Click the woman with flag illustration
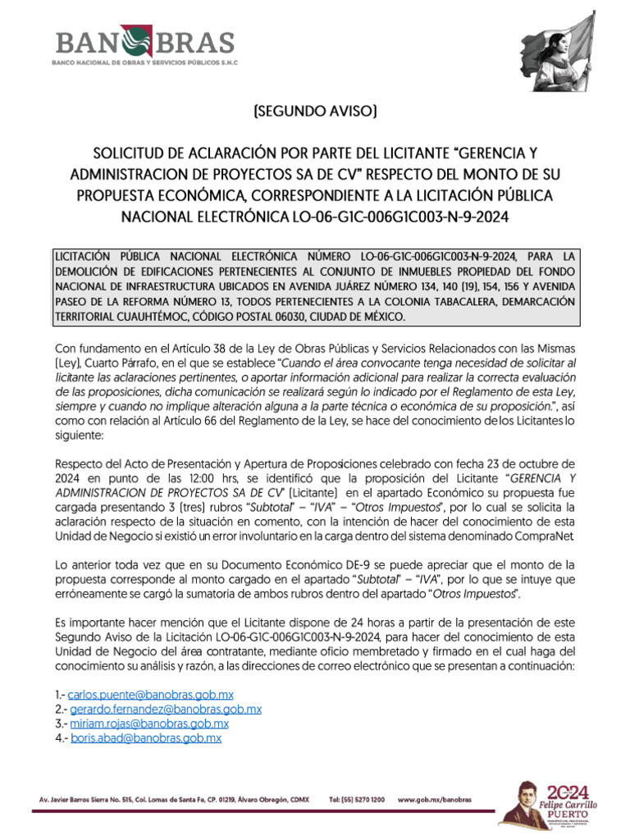pyautogui.click(x=554, y=53)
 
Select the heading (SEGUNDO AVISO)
pyautogui.click(x=315, y=112)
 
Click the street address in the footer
pyautogui.click(x=175, y=798)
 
